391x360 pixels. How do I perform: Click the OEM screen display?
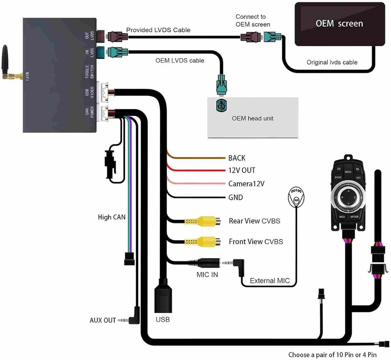pyautogui.click(x=339, y=24)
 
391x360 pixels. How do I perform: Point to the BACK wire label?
pyautogui.click(x=237, y=158)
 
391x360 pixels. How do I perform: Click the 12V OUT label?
pyautogui.click(x=242, y=171)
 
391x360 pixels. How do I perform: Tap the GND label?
pyautogui.click(x=236, y=198)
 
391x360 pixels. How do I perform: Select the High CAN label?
pyautogui.click(x=111, y=217)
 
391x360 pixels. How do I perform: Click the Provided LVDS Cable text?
pyautogui.click(x=158, y=30)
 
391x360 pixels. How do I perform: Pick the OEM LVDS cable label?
pyautogui.click(x=179, y=61)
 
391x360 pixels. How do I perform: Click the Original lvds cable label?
pyautogui.click(x=332, y=62)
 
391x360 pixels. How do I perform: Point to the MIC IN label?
pyautogui.click(x=207, y=275)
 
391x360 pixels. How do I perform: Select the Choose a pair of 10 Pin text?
pyautogui.click(x=332, y=355)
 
